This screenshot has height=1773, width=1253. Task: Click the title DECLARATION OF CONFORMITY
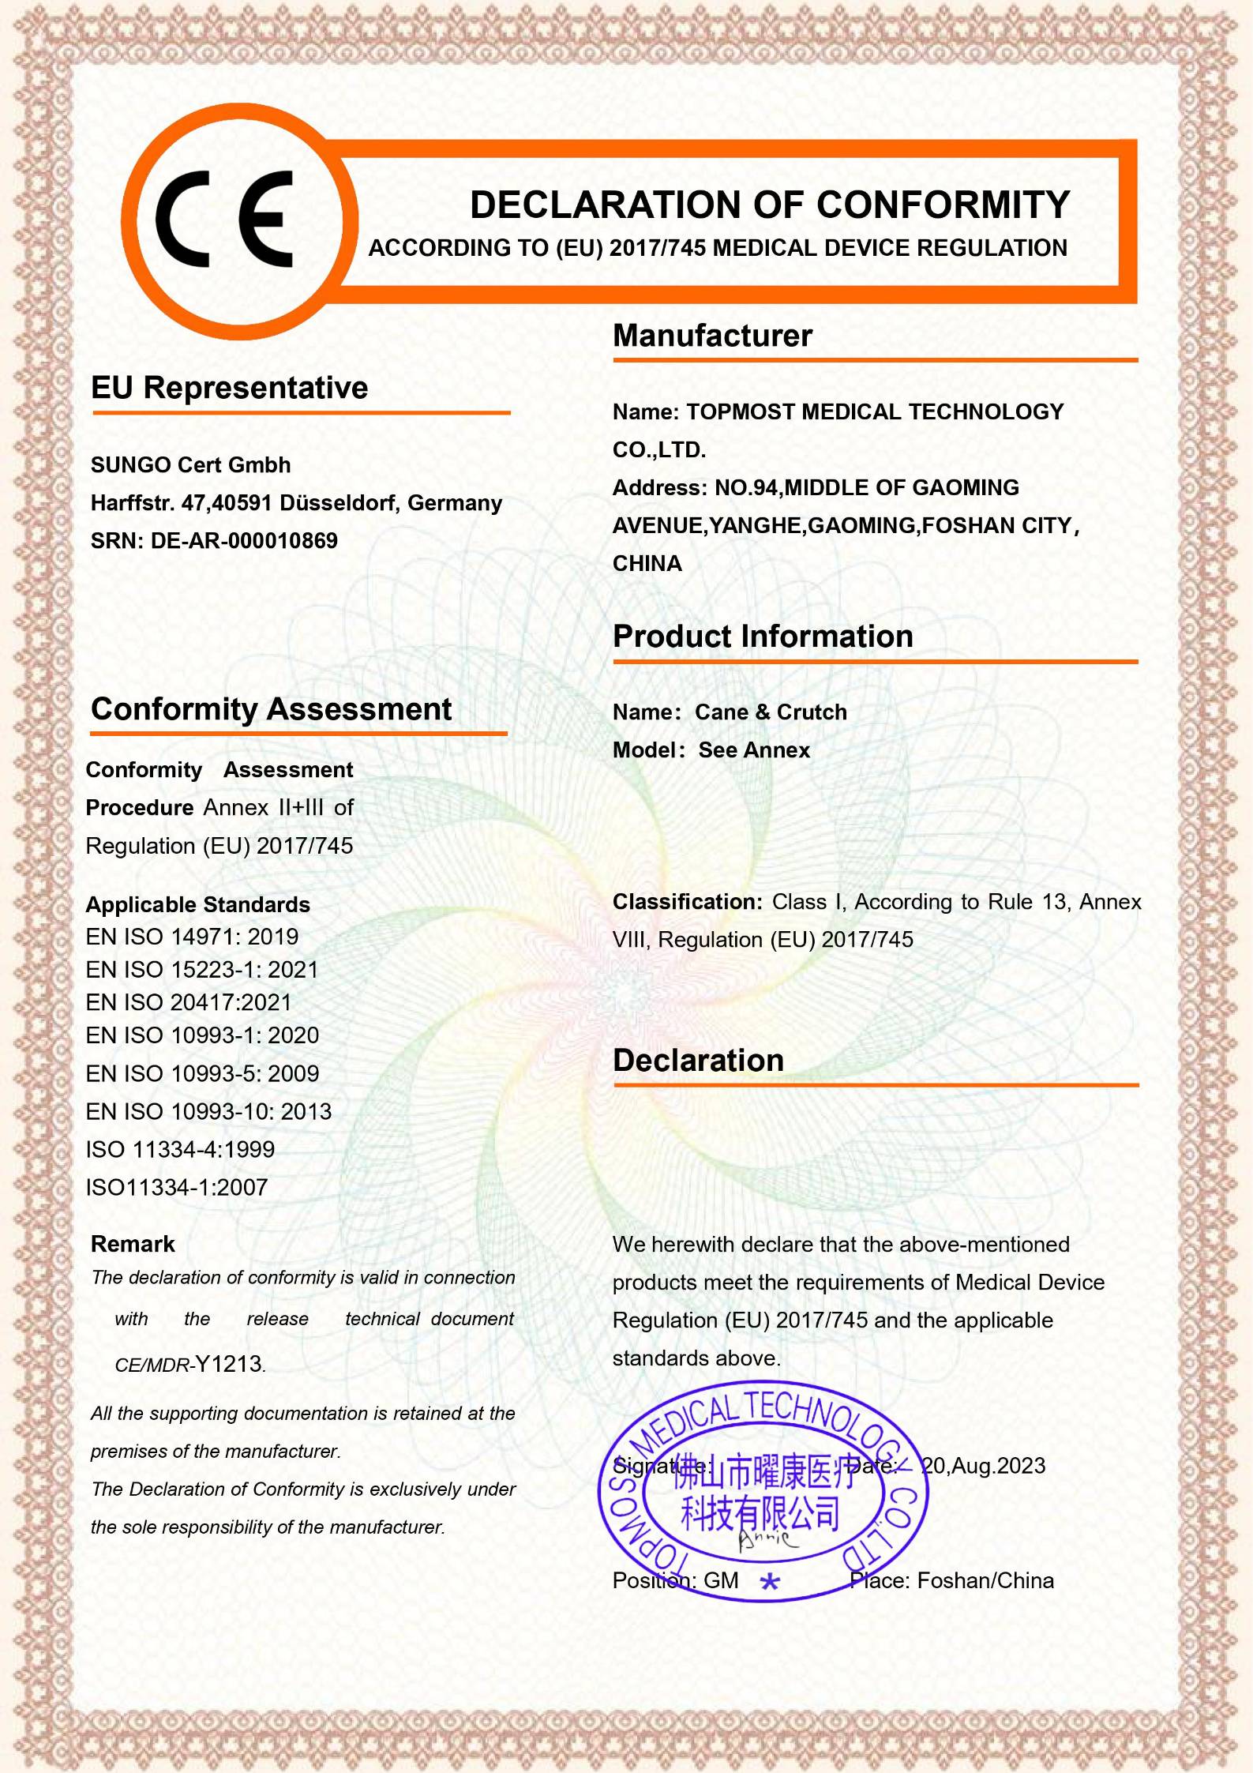pos(769,205)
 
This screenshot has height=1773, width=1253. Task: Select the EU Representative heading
pos(229,388)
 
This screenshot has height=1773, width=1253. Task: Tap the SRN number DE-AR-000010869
pos(244,541)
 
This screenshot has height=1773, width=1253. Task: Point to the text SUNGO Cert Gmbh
pos(190,465)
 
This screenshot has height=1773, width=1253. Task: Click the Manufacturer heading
pos(712,336)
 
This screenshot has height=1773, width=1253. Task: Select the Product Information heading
pos(763,637)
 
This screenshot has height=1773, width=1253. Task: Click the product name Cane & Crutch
pos(771,712)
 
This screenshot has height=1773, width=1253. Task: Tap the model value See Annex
pos(754,750)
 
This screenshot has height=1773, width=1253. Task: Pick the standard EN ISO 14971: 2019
pos(192,937)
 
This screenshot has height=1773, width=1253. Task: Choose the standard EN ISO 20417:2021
pos(189,1003)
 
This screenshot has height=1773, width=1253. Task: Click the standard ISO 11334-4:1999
pos(180,1150)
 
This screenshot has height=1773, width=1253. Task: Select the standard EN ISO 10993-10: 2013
pos(208,1112)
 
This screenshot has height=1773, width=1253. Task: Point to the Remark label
pos(133,1245)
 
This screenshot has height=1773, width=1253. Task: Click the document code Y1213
pos(229,1365)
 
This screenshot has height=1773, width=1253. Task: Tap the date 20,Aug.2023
pos(984,1466)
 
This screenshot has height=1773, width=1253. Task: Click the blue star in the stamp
pos(770,1582)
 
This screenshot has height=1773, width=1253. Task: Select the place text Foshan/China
pos(985,1581)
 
